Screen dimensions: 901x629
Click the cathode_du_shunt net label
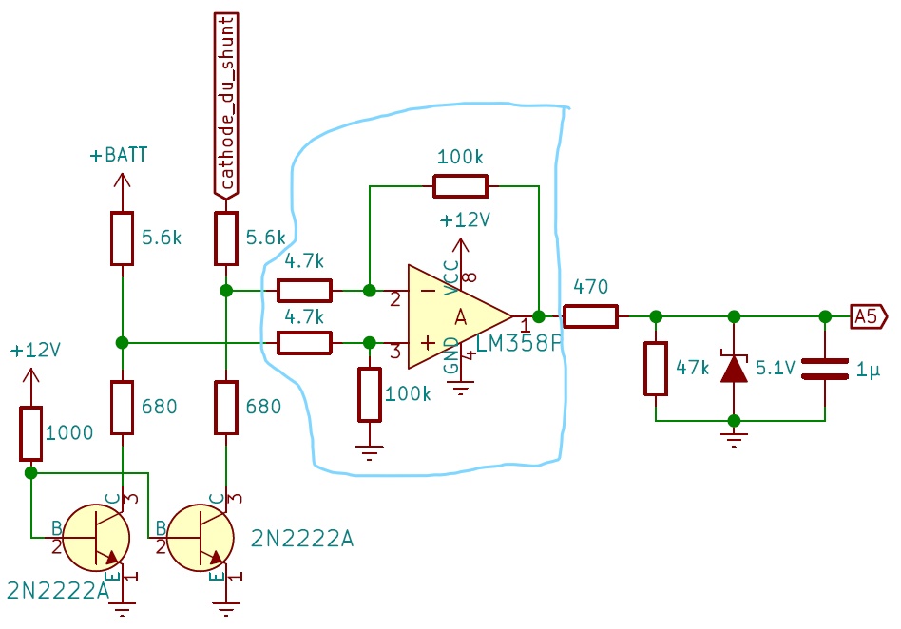(x=226, y=106)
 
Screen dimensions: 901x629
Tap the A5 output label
(x=869, y=316)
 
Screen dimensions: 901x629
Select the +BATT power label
(x=119, y=155)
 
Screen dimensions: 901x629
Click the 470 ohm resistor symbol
(x=590, y=316)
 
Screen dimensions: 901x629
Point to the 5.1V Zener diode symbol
(x=734, y=369)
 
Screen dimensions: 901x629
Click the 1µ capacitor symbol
(x=825, y=369)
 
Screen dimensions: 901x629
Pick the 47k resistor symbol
(x=656, y=369)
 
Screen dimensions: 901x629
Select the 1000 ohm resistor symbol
(x=31, y=433)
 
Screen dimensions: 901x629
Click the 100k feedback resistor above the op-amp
(x=460, y=186)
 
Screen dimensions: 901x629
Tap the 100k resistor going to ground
(x=370, y=395)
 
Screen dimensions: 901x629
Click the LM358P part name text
(x=519, y=344)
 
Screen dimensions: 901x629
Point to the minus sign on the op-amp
(x=428, y=291)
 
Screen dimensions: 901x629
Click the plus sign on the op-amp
(x=428, y=343)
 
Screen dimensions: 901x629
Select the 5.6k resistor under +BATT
(x=122, y=238)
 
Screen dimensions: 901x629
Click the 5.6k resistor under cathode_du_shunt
(x=226, y=238)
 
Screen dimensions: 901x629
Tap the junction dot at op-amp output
(x=539, y=316)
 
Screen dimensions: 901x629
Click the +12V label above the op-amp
(x=465, y=220)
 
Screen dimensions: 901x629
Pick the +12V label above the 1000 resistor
(x=35, y=351)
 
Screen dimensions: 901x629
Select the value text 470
(x=591, y=287)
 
